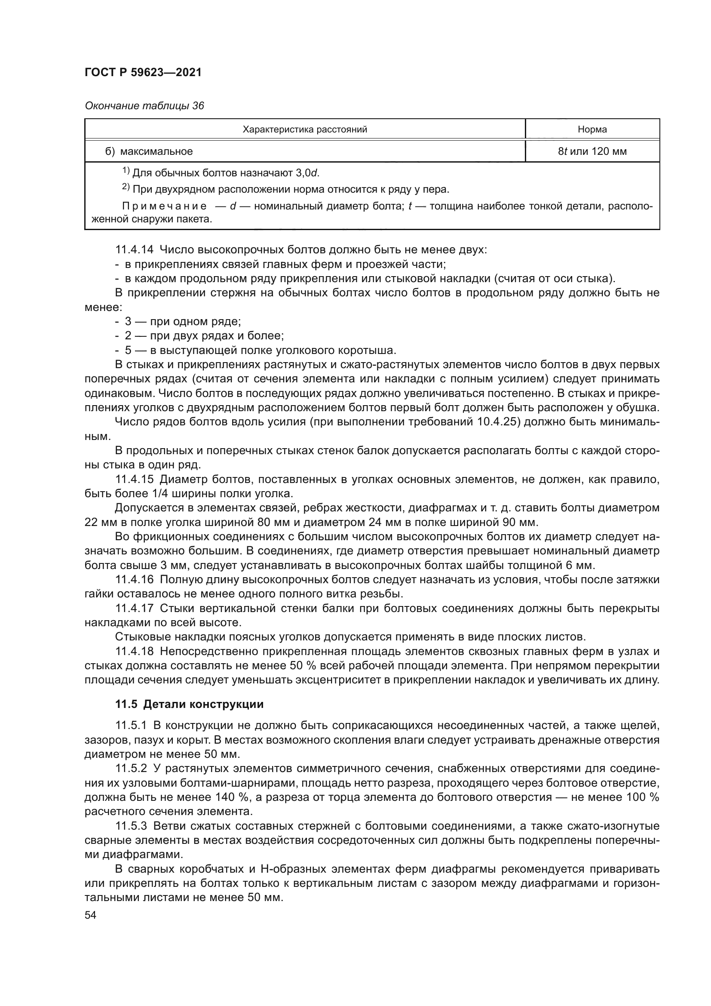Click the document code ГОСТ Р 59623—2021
pyautogui.click(x=143, y=72)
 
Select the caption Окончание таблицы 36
pyautogui.click(x=144, y=106)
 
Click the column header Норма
pyautogui.click(x=592, y=129)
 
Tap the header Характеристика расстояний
pyautogui.click(x=305, y=129)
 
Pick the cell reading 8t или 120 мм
pyautogui.click(x=592, y=151)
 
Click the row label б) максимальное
pyautogui.click(x=149, y=151)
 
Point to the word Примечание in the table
pyautogui.click(x=164, y=206)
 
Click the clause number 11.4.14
pyautogui.click(x=135, y=250)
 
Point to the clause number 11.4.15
pyautogui.click(x=135, y=479)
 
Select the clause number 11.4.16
pyautogui.click(x=135, y=580)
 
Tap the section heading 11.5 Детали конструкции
pyautogui.click(x=189, y=705)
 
